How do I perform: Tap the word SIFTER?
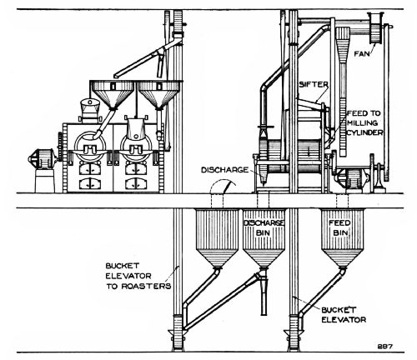point(312,85)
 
